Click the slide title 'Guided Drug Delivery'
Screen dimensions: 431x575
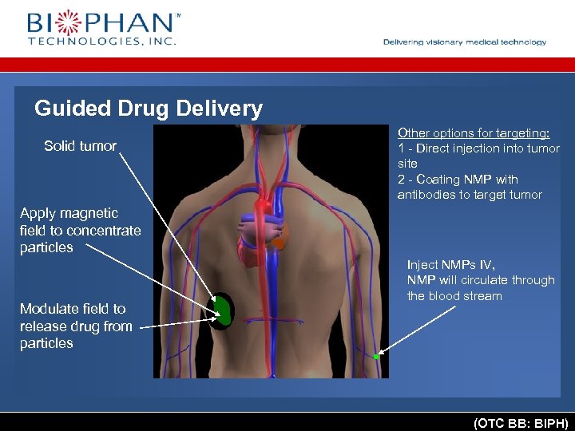149,109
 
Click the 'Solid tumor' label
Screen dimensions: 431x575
80,146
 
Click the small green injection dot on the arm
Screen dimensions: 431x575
376,356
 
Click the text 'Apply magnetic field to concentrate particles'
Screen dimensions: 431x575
80,230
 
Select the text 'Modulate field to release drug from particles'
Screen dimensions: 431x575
76,326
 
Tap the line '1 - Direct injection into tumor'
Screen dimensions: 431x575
478,148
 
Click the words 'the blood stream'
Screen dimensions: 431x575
454,296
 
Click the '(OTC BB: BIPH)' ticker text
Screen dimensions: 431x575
520,422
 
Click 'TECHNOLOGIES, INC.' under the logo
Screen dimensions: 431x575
101,41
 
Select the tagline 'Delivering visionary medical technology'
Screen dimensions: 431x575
465,42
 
